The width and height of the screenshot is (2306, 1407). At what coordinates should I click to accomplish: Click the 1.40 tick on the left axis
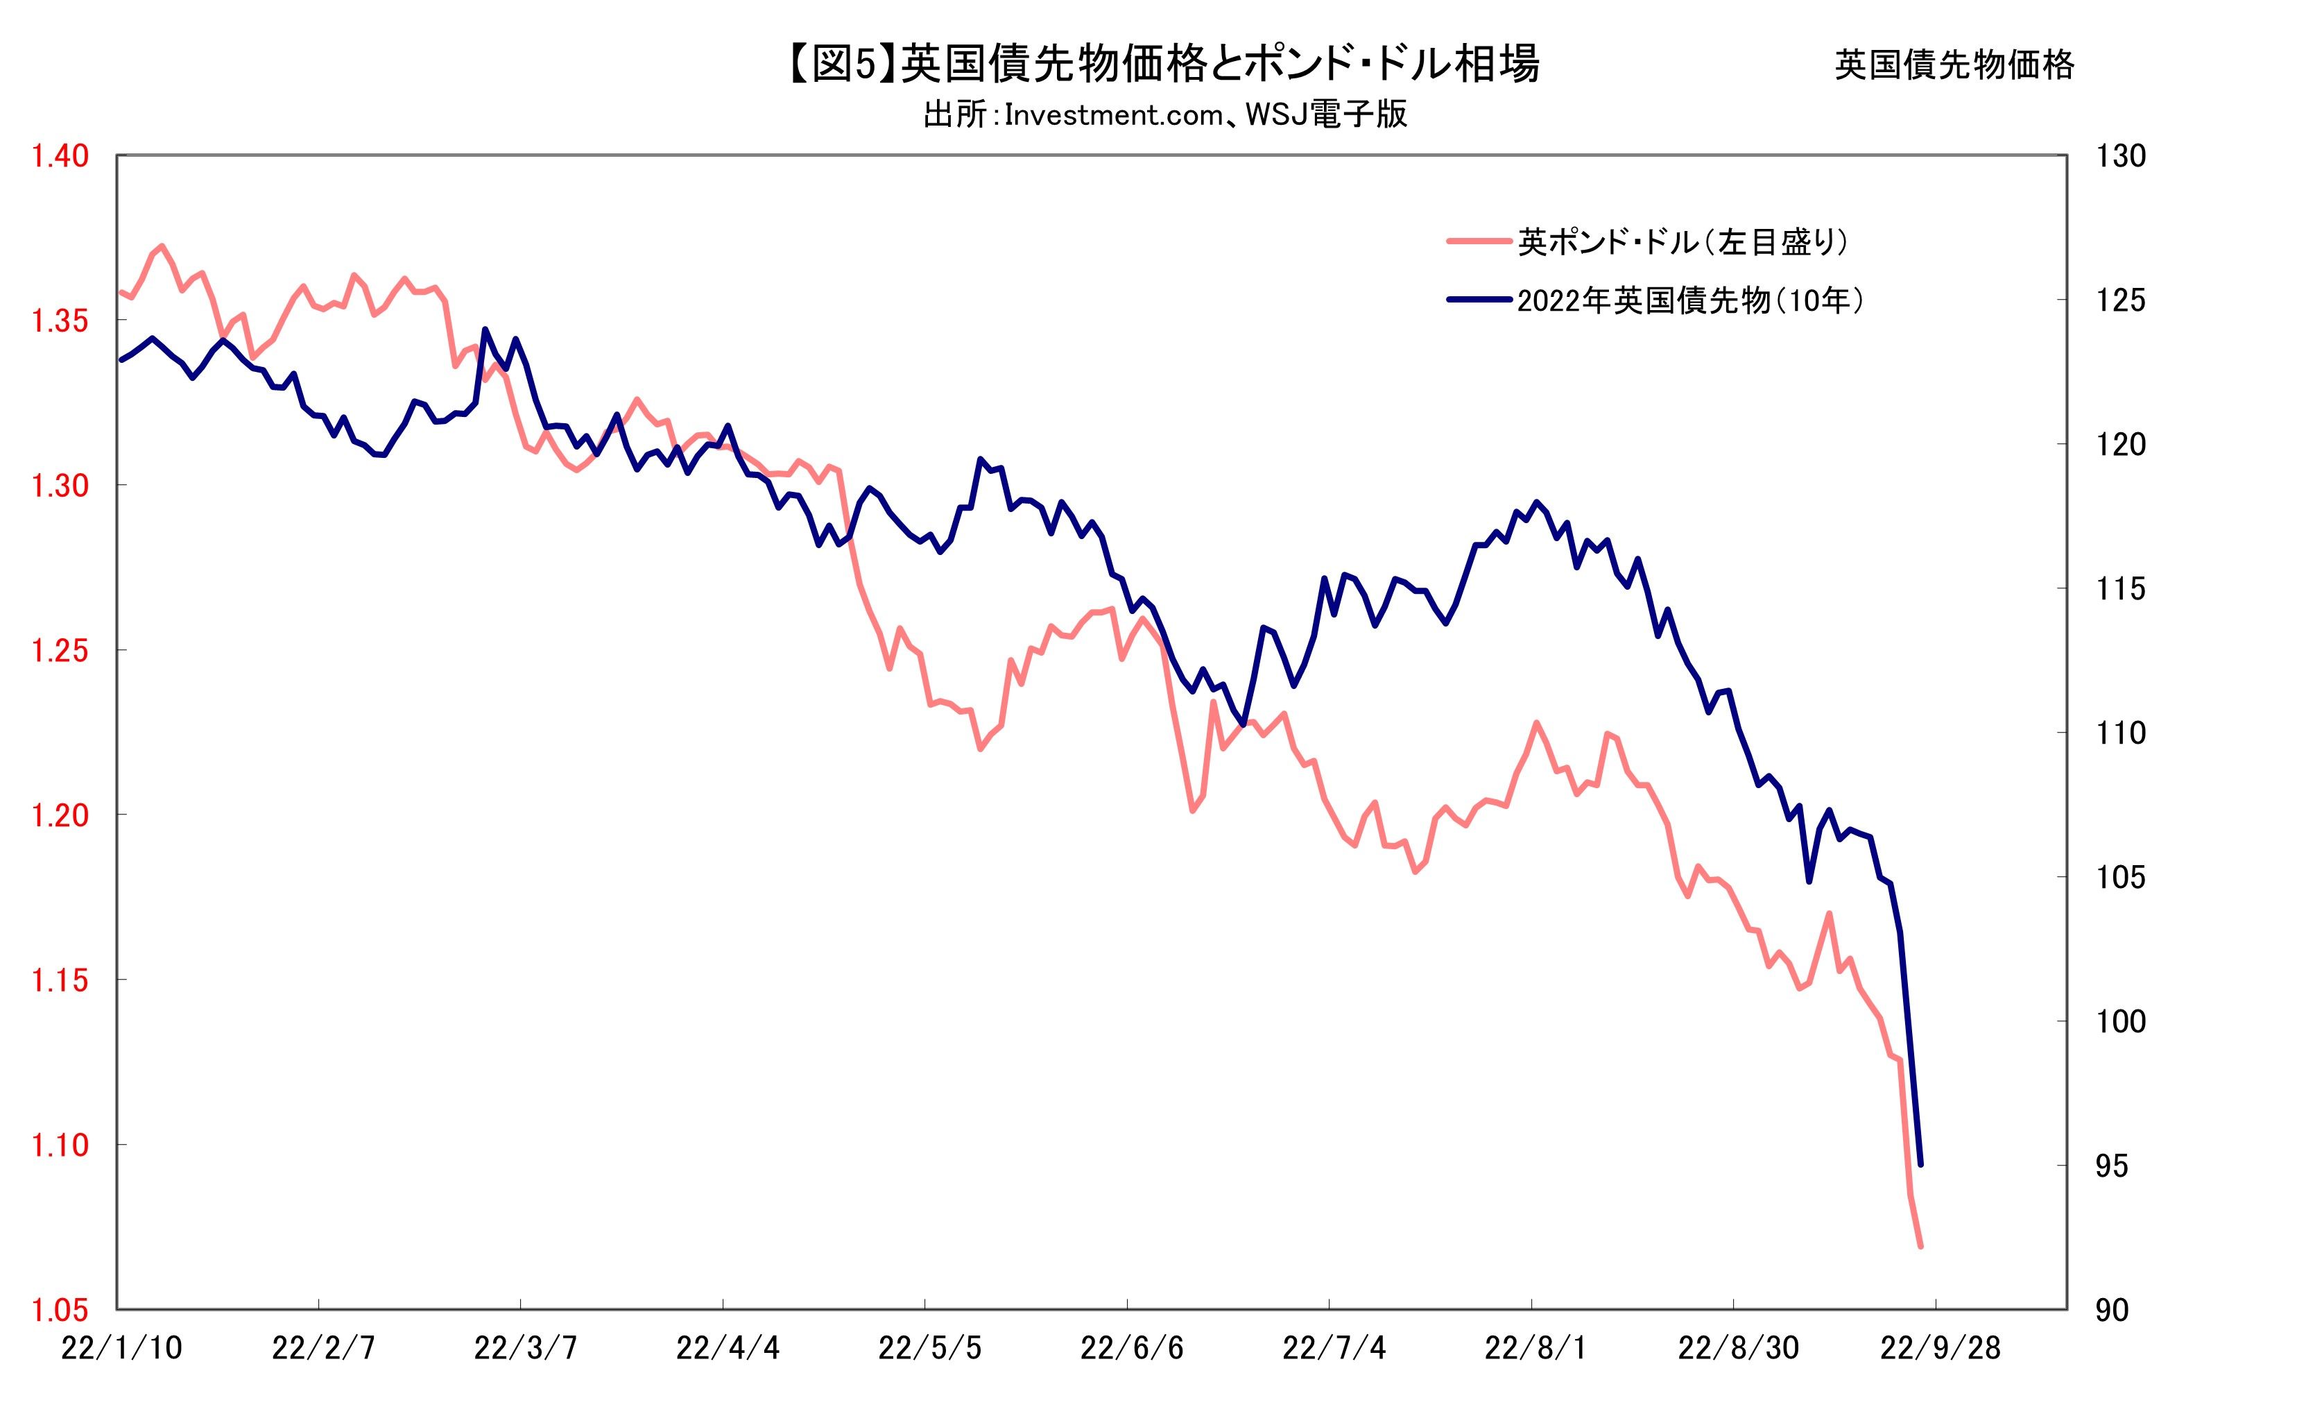click(x=60, y=155)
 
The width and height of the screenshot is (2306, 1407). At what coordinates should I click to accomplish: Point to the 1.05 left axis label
click(x=60, y=1311)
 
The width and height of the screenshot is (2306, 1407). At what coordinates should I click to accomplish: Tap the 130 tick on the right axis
click(x=2119, y=155)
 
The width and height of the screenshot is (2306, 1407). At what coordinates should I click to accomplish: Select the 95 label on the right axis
click(x=2110, y=1166)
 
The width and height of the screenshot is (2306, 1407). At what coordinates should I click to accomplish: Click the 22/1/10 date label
click(x=121, y=1348)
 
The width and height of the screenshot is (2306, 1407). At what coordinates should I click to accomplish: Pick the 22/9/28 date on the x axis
click(x=1940, y=1348)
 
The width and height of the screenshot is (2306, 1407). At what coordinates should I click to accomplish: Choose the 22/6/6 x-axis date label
click(x=1131, y=1348)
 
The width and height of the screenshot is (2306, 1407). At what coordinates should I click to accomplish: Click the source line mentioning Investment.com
click(x=1165, y=115)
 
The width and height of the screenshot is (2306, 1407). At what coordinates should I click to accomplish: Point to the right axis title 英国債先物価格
click(x=1954, y=65)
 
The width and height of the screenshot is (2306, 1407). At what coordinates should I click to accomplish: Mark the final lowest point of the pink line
click(x=1920, y=1246)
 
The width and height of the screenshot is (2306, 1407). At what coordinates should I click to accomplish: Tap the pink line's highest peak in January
click(x=162, y=246)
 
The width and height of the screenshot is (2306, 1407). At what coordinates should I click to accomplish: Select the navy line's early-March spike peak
click(x=484, y=330)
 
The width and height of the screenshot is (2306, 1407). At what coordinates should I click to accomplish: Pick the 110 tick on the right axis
click(x=2119, y=733)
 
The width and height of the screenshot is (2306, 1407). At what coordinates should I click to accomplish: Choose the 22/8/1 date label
click(x=1535, y=1348)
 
